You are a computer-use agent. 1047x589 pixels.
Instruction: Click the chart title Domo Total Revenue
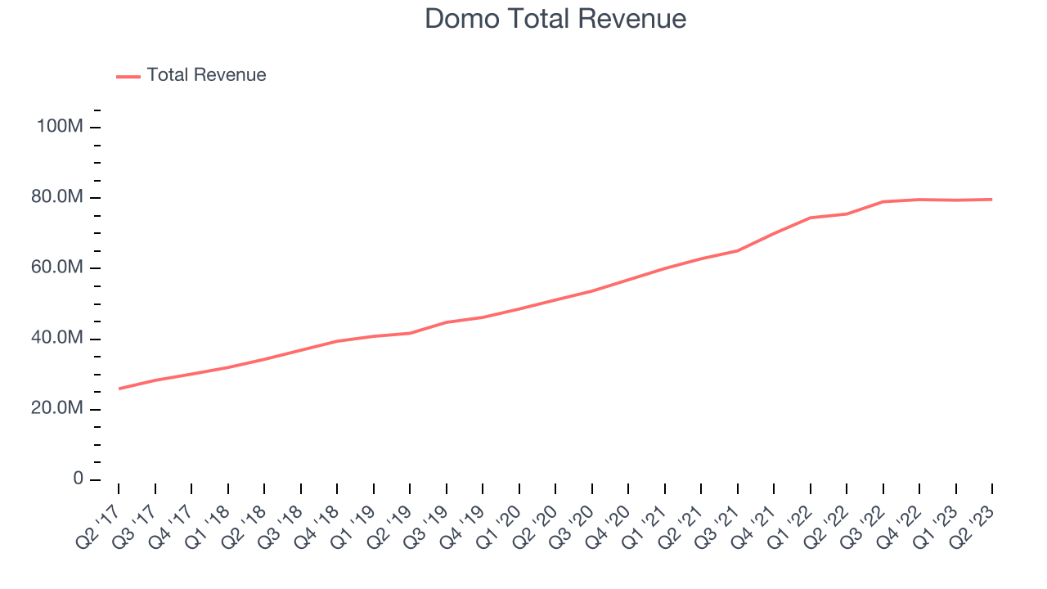tap(555, 19)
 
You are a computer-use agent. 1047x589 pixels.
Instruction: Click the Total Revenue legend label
tap(206, 75)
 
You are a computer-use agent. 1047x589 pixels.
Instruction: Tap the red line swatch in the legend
tap(128, 76)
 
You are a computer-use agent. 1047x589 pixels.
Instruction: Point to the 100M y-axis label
tap(60, 128)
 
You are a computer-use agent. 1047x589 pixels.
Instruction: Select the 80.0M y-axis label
tap(57, 198)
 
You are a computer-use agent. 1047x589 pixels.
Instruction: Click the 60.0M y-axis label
tap(57, 268)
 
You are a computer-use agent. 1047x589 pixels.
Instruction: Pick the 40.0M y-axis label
tap(57, 339)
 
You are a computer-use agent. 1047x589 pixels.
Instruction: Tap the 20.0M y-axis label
tap(57, 409)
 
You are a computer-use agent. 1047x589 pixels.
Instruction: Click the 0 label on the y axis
tap(79, 479)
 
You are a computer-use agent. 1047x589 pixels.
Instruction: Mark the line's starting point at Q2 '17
tap(119, 389)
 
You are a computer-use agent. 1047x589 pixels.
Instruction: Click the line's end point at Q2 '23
tap(992, 200)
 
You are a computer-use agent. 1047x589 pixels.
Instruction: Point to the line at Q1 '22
tap(811, 218)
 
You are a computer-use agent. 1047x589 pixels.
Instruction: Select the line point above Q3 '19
tap(447, 322)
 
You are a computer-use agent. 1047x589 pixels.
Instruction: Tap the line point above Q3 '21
tap(738, 250)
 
